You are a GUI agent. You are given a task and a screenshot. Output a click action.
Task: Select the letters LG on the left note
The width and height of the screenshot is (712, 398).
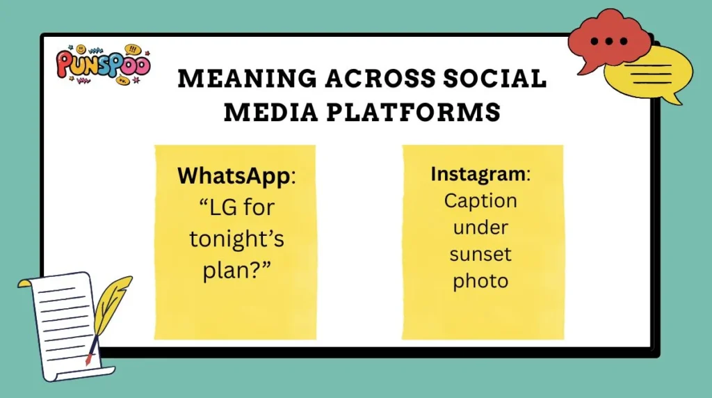[211, 207]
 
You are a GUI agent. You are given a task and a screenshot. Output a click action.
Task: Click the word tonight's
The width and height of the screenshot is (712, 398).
[235, 238]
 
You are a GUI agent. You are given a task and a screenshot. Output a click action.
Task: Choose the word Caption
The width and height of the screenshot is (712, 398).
[480, 200]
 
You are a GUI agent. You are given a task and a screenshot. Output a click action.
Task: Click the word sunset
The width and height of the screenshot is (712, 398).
[480, 254]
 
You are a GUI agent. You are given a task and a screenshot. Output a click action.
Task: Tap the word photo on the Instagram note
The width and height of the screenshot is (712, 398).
[480, 281]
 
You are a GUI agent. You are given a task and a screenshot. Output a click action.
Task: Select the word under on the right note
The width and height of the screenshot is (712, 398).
[480, 228]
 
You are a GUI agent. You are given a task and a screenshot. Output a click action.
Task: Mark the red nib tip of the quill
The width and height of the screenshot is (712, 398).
[88, 360]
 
